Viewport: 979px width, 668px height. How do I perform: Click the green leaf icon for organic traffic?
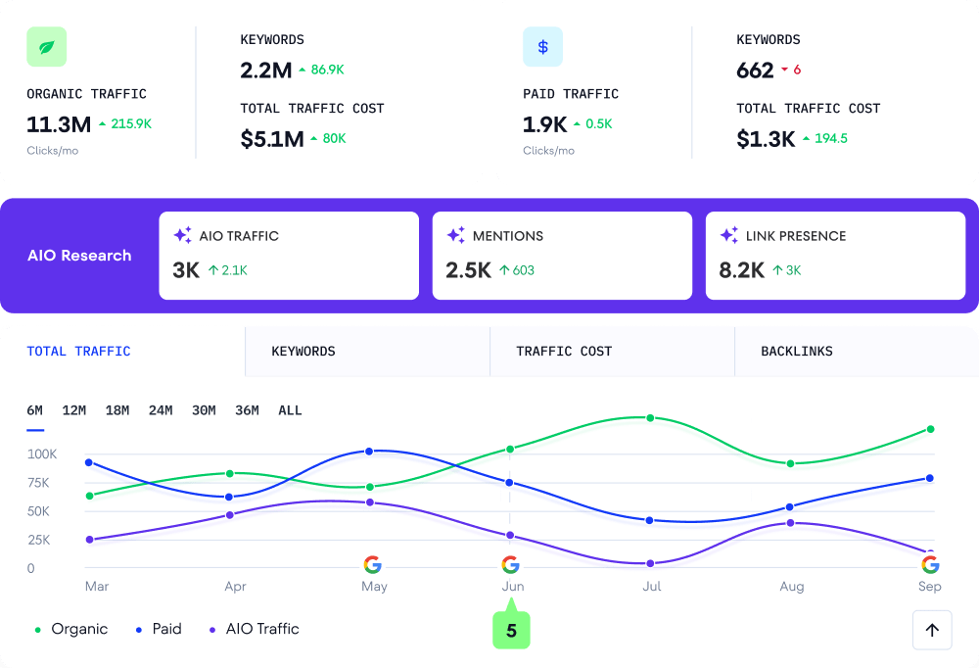pyautogui.click(x=47, y=46)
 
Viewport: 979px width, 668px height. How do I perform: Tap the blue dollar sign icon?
pyautogui.click(x=542, y=46)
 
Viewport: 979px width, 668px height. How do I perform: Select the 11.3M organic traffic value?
pyautogui.click(x=59, y=124)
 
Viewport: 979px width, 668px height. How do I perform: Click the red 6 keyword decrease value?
pyautogui.click(x=797, y=71)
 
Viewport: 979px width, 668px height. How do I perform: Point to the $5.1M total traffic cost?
pyautogui.click(x=272, y=139)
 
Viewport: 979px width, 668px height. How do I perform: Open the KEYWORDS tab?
pyautogui.click(x=303, y=352)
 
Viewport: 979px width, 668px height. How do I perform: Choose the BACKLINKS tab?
pyautogui.click(x=797, y=352)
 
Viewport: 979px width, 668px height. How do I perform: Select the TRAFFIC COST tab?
pyautogui.click(x=564, y=352)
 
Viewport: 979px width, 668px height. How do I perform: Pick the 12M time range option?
pyautogui.click(x=74, y=410)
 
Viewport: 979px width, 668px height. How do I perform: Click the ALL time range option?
pyautogui.click(x=290, y=410)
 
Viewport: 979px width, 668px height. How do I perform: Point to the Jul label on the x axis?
pyautogui.click(x=652, y=586)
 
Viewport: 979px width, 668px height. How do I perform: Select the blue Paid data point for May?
pyautogui.click(x=369, y=452)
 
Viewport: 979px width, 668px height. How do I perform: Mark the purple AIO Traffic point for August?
pyautogui.click(x=790, y=523)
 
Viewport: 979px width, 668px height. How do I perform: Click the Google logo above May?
pyautogui.click(x=372, y=564)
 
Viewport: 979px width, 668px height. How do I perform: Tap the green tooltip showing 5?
pyautogui.click(x=511, y=631)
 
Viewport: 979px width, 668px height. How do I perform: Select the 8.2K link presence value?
pyautogui.click(x=741, y=270)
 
